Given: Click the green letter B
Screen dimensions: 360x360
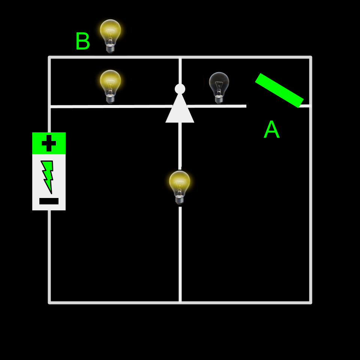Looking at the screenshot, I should coord(82,41).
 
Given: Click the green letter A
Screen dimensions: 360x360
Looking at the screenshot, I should coord(271,130).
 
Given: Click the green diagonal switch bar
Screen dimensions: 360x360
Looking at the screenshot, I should coord(279,90).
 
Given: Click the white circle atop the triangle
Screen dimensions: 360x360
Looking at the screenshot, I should coord(180,89).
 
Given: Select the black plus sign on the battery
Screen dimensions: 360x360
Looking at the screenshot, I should coord(49,143).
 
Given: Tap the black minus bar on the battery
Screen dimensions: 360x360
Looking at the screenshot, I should coord(49,201).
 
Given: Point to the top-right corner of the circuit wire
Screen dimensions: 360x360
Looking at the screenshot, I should coord(310,57).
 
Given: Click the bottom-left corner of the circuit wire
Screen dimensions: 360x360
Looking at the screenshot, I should coord(49,302).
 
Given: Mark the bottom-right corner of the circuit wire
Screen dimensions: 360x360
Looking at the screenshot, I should coord(310,302).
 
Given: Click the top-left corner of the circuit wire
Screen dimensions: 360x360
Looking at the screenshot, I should coord(49,57).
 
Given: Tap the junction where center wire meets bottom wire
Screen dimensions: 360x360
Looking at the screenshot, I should coord(180,302).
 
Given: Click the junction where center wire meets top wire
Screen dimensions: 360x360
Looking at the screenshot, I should coord(180,57).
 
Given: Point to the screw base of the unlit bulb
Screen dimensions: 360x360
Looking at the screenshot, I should coord(219,99).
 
